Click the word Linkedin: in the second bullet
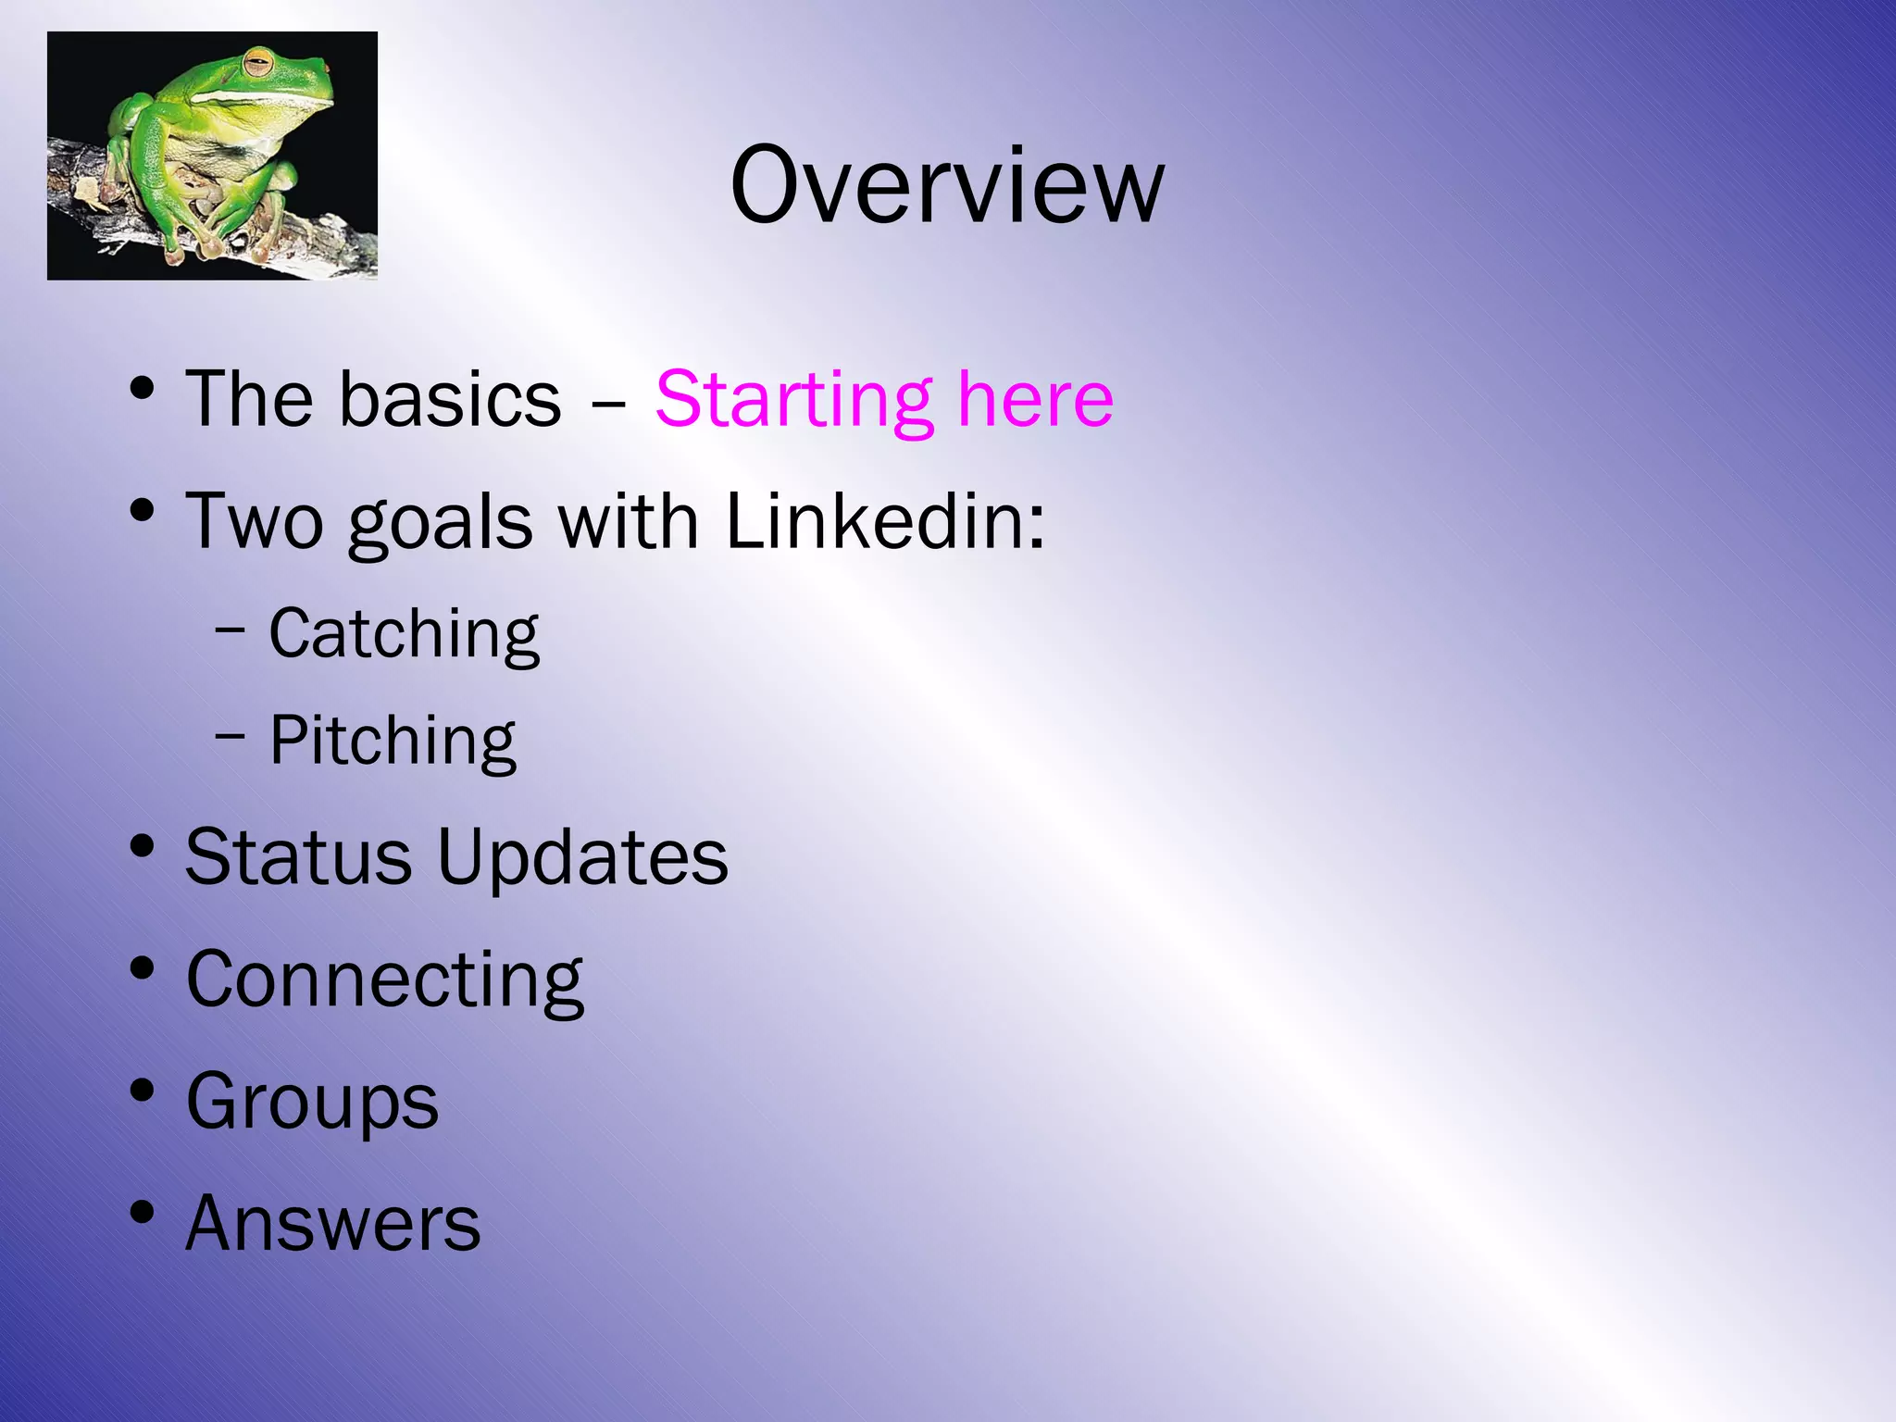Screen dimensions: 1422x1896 click(884, 521)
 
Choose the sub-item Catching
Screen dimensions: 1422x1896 click(404, 635)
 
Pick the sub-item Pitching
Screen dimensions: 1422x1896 click(393, 742)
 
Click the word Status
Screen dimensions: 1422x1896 click(298, 856)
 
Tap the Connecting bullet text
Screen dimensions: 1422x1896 click(384, 980)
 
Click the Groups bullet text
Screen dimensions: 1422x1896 click(312, 1103)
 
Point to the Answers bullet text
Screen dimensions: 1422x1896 click(332, 1223)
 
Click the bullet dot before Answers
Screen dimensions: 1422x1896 click(142, 1212)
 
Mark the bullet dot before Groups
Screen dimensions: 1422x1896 click(142, 1090)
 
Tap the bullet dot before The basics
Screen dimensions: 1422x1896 click(142, 388)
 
